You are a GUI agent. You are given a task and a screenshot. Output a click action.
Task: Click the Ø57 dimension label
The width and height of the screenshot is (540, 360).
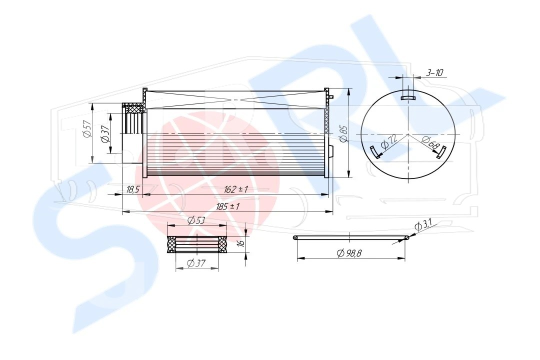(87, 129)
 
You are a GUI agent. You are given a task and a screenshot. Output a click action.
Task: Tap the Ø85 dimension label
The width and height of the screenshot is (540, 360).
(344, 133)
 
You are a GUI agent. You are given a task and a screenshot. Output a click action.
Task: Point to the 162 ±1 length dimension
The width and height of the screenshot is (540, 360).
(236, 189)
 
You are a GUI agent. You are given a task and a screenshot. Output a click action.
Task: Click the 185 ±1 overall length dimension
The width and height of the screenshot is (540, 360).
(227, 206)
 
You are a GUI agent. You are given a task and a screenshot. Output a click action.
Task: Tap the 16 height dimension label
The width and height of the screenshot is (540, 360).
(241, 242)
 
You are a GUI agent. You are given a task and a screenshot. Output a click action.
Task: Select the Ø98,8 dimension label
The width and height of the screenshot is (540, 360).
(349, 253)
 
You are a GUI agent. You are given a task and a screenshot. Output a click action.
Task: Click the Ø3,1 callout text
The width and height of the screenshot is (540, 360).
(423, 225)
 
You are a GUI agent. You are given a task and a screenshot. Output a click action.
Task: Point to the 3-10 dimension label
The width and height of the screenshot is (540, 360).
(434, 72)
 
